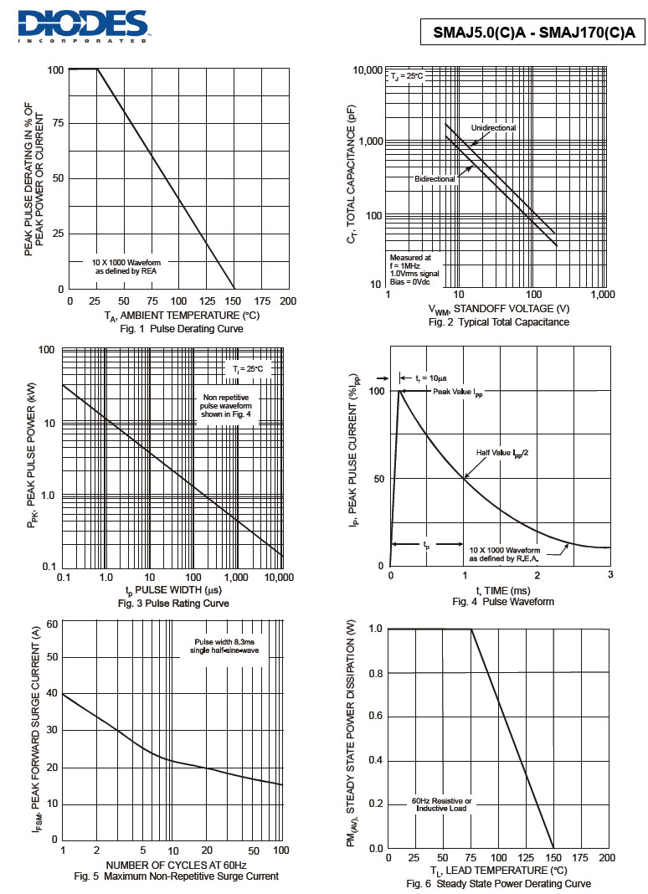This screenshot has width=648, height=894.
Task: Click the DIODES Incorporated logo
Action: pyautogui.click(x=83, y=25)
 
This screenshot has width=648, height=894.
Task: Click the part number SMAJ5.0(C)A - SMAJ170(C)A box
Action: pyautogui.click(x=534, y=33)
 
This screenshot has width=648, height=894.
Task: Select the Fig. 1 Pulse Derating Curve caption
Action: pyautogui.click(x=181, y=329)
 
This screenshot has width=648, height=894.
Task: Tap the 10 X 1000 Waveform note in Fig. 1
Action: pyautogui.click(x=126, y=267)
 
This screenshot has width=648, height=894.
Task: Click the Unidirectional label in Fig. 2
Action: pyautogui.click(x=493, y=127)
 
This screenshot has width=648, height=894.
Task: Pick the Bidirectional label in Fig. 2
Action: pyautogui.click(x=435, y=179)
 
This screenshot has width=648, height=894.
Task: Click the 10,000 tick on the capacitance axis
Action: pyautogui.click(x=367, y=69)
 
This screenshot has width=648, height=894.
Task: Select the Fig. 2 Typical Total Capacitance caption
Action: pyautogui.click(x=498, y=322)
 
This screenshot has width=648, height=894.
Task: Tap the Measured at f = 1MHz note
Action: pyautogui.click(x=414, y=270)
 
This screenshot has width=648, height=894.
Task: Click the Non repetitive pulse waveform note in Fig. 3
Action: pyautogui.click(x=226, y=407)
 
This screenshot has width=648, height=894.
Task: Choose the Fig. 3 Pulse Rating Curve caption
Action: pyautogui.click(x=173, y=604)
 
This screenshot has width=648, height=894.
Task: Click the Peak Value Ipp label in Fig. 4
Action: pyautogui.click(x=458, y=392)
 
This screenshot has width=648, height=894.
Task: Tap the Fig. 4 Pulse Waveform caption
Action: pyautogui.click(x=502, y=602)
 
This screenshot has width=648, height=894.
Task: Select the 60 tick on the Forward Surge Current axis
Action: pyautogui.click(x=52, y=624)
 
